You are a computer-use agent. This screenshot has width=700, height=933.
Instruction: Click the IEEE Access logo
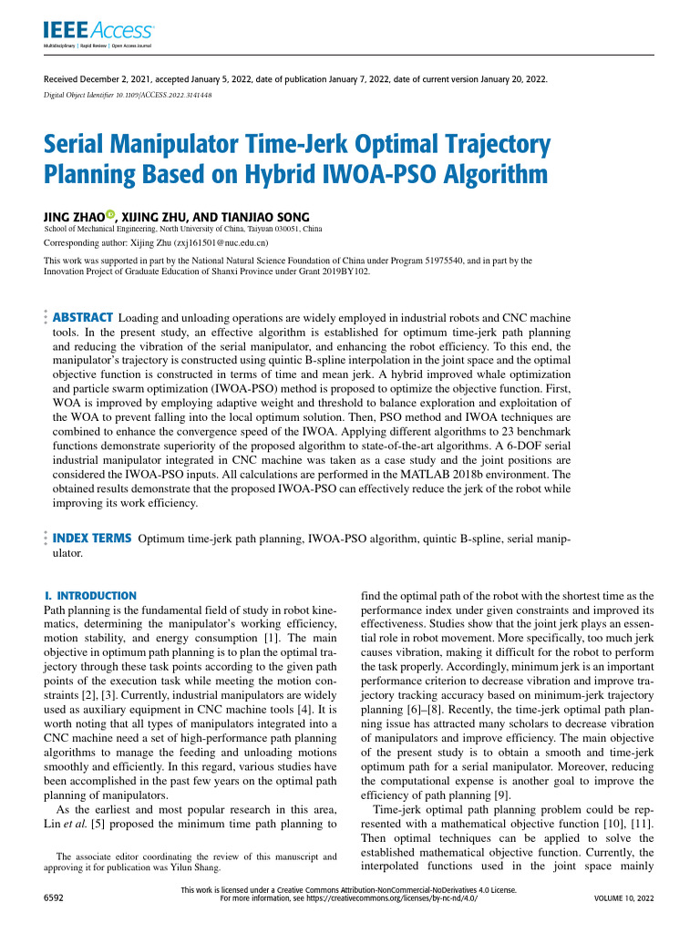click(x=98, y=33)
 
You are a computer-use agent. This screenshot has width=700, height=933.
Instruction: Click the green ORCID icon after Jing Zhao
click(x=110, y=215)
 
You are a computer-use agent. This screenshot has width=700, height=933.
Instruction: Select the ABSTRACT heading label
click(x=83, y=317)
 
